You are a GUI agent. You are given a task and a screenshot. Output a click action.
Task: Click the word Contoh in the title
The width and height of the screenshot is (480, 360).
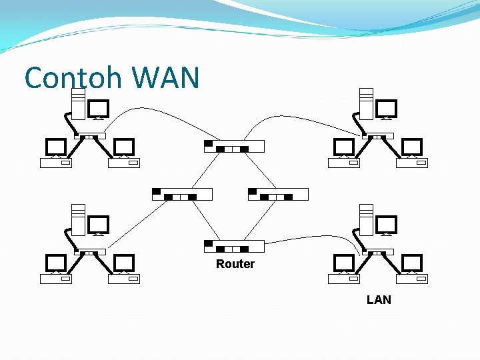[x=74, y=78]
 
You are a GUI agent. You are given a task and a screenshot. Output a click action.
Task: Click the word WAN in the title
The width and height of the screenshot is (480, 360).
[x=166, y=78]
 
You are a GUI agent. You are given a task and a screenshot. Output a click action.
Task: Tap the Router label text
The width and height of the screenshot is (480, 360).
[x=235, y=264]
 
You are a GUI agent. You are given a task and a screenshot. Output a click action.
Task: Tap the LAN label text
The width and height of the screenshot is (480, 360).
[x=379, y=300]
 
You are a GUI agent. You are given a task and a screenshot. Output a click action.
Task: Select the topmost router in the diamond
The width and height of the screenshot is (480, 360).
[x=234, y=146]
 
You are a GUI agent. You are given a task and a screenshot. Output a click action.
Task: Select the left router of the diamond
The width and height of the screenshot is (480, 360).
[x=182, y=194]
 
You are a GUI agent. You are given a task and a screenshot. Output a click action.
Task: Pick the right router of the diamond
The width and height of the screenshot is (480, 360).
[x=278, y=194]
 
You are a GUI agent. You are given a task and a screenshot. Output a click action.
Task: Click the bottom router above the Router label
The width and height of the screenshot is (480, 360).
[x=234, y=246]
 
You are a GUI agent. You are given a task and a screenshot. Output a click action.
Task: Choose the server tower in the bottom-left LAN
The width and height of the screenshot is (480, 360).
[x=78, y=220]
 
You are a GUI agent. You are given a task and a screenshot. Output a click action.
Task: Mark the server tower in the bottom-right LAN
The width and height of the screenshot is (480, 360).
[x=366, y=220]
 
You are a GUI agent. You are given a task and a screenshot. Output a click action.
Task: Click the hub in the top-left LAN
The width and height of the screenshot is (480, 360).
[x=90, y=136]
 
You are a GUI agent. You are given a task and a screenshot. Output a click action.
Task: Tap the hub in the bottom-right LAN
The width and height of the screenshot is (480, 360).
[x=378, y=251]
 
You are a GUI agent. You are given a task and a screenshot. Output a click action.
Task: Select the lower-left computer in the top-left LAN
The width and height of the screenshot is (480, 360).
[x=55, y=153]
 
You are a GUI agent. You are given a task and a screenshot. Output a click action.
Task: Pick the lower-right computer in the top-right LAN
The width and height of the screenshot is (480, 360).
[x=412, y=153]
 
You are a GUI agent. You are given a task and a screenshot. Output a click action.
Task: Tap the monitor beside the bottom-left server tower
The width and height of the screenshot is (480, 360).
[x=98, y=225]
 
